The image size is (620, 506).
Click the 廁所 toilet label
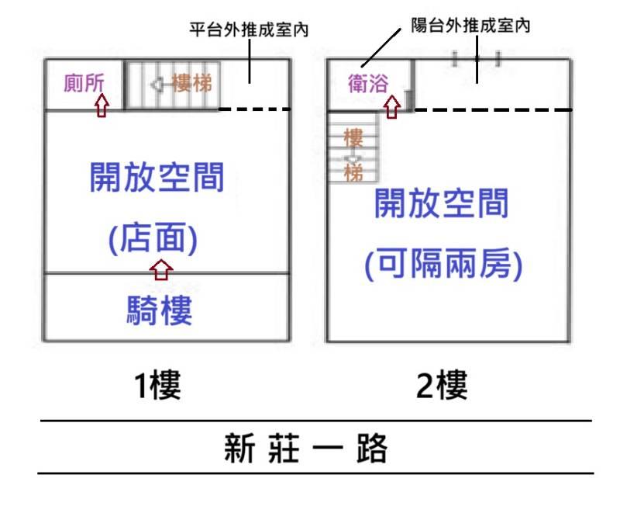84,83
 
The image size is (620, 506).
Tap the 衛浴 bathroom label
368,84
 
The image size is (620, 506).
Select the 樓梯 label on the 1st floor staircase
191,83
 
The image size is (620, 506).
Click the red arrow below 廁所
102,105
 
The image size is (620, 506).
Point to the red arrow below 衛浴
392,107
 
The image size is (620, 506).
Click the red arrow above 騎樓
161,269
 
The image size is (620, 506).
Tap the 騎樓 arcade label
160,310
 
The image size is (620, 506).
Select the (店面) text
153,238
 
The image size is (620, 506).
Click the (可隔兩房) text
443,264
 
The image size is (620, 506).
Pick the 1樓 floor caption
157,385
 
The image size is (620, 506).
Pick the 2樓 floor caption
442,385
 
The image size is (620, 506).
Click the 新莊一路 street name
305,449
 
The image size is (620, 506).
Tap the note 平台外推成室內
249,29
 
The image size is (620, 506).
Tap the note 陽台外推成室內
470,26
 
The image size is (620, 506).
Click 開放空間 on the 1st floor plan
157,177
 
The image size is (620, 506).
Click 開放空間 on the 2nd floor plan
441,203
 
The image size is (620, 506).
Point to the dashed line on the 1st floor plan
255,109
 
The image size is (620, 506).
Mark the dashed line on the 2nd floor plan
493,109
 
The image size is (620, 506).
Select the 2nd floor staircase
354,147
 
